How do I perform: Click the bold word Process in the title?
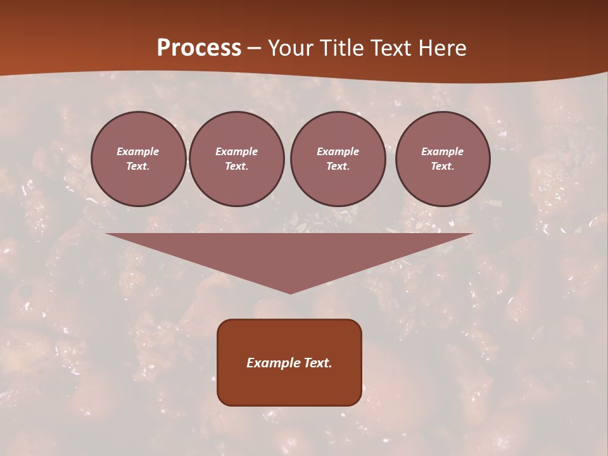[x=199, y=48]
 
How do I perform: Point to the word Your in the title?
[x=289, y=48]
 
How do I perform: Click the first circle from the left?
[x=138, y=159]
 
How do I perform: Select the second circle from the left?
[x=236, y=159]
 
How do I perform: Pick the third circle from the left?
[x=338, y=159]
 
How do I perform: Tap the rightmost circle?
[x=442, y=159]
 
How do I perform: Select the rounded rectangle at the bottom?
[x=289, y=362]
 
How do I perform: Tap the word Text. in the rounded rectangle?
[x=317, y=363]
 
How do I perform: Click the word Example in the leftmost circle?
[x=138, y=152]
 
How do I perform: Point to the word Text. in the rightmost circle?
[x=442, y=167]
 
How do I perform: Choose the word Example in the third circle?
[x=338, y=152]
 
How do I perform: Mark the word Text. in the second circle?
[x=236, y=167]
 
